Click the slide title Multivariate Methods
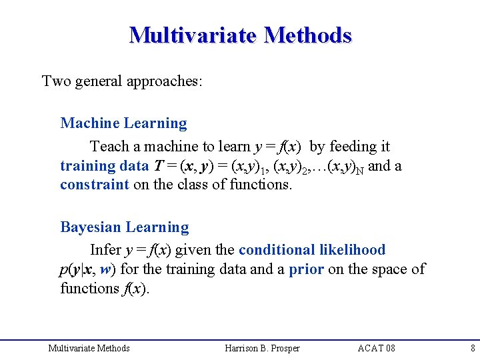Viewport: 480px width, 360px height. pos(240,35)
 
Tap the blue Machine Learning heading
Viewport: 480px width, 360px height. pos(123,123)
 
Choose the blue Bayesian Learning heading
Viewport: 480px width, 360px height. pos(125,227)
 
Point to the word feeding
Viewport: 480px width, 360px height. pos(352,146)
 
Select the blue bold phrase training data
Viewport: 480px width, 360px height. pos(97,166)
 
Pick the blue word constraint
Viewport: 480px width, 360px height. pos(94,185)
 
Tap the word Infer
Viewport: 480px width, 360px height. pos(105,250)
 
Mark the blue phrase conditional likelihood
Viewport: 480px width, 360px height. pos(311,250)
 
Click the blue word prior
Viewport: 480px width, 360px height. pos(306,269)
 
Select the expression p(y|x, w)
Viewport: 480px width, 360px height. pos(87,270)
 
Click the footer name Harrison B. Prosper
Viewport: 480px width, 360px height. pos(262,348)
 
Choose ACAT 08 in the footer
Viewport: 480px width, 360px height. pos(376,348)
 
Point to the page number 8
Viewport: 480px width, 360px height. pos(472,348)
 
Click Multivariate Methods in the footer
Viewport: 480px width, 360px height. pos(89,348)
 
